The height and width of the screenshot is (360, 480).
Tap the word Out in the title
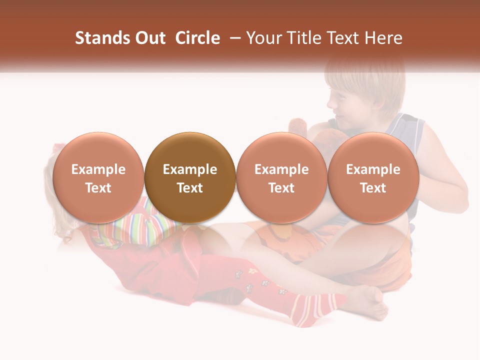pos(149,38)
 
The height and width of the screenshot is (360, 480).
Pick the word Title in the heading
pos(308,38)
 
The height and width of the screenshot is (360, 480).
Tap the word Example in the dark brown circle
pos(190,169)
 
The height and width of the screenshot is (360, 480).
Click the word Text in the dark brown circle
pos(190,188)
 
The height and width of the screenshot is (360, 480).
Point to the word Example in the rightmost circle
pos(373,169)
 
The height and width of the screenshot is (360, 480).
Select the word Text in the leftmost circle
pos(98,188)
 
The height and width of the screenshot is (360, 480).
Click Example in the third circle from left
pos(281,169)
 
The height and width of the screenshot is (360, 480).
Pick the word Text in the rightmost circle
pos(373,188)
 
